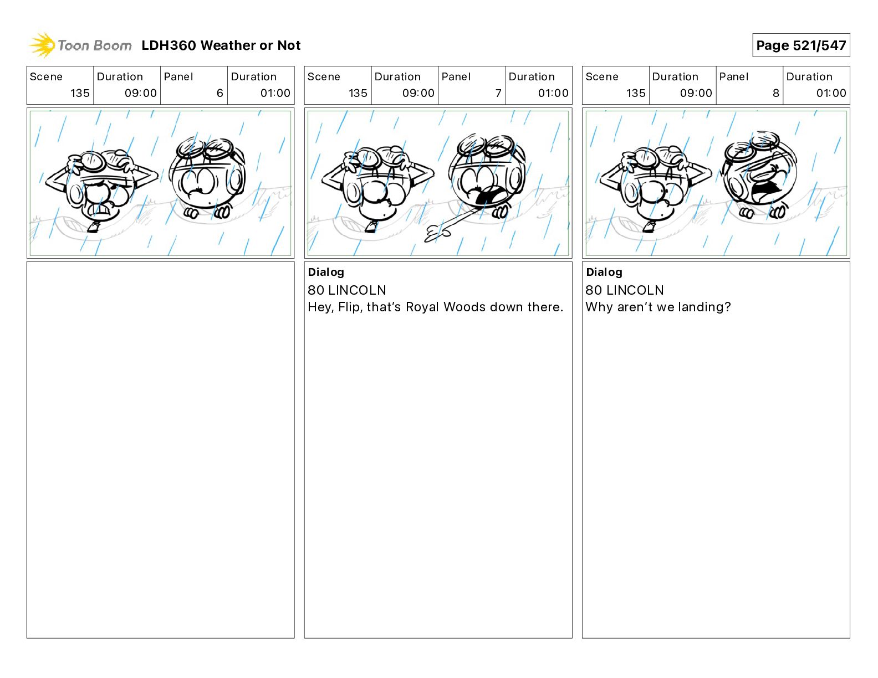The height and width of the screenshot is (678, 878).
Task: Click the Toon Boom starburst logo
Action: pos(42,45)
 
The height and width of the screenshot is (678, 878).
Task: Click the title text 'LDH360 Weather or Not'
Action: pos(221,45)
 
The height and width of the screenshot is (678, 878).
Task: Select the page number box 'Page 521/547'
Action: pos(801,45)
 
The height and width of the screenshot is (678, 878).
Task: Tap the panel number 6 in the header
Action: pos(220,93)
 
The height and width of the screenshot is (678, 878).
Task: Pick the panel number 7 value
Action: pos(498,93)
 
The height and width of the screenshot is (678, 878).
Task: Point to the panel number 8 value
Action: pos(776,93)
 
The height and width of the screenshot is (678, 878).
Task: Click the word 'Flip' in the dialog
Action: pos(348,307)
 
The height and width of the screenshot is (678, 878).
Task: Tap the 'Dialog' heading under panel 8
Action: pos(604,272)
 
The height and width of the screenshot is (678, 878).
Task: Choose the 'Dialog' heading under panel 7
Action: pos(326,272)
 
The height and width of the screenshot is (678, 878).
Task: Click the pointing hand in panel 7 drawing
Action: pos(437,234)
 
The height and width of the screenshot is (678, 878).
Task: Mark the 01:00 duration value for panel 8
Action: pos(831,93)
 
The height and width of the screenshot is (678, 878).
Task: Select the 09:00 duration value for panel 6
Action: pos(141,93)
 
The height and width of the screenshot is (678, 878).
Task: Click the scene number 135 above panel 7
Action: pos(358,93)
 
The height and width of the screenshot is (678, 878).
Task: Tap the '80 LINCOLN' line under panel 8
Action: pos(625,290)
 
